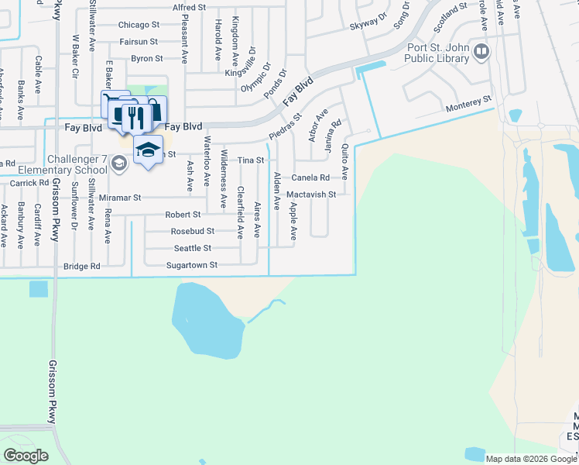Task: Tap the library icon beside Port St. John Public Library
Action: [x=481, y=52]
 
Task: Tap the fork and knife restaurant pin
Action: [x=135, y=116]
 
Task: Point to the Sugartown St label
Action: [x=193, y=265]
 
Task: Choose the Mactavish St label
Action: [x=311, y=195]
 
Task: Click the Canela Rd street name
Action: [x=310, y=177]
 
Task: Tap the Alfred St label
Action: [x=190, y=7]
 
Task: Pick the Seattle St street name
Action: [x=193, y=248]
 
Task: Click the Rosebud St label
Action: [x=193, y=231]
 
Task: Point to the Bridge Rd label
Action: [x=82, y=266]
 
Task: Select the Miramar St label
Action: [x=120, y=198]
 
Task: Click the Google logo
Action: [x=26, y=456]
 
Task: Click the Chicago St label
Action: [x=139, y=25]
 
